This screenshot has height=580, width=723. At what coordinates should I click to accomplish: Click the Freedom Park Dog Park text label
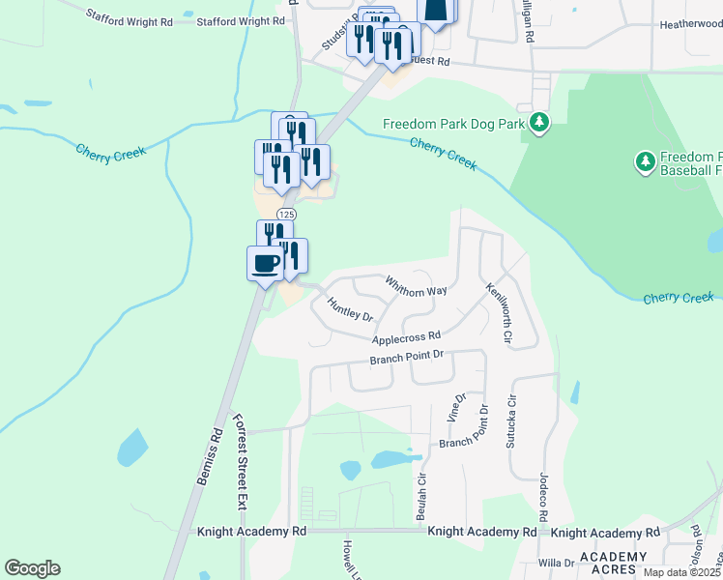click(x=453, y=124)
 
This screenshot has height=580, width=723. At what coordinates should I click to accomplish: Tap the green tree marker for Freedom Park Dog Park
click(x=539, y=124)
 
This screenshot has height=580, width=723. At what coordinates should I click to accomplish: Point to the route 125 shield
click(x=285, y=214)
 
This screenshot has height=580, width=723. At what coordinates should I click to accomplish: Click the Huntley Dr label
click(x=350, y=308)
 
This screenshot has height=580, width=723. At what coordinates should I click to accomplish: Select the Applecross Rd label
click(x=407, y=337)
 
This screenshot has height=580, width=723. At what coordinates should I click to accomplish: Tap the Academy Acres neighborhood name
click(x=613, y=564)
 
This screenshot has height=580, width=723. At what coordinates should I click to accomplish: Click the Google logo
click(x=32, y=568)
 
